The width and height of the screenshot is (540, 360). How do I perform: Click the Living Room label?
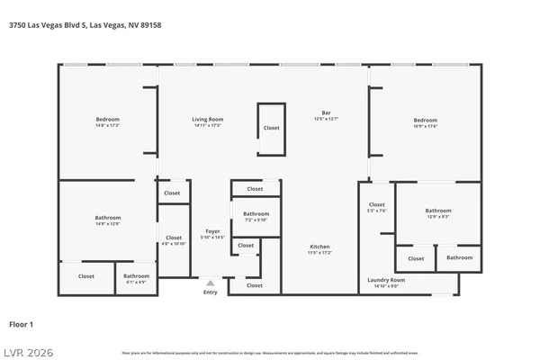[x=207, y=120]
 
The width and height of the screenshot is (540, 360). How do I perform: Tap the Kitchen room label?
[x=319, y=247]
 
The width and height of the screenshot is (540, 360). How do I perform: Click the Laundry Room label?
[x=387, y=280]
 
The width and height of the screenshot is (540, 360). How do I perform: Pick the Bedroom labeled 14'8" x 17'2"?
[x=108, y=120]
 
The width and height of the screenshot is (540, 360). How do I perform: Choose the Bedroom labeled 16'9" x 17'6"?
[x=425, y=120]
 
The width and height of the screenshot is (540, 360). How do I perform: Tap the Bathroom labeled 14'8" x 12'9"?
[x=108, y=218]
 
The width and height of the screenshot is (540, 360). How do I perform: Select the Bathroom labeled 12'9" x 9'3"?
[x=437, y=211]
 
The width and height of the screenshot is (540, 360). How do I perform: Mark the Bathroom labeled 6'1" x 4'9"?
[x=136, y=276]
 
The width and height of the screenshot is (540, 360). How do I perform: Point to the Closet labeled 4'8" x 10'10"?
[x=173, y=238]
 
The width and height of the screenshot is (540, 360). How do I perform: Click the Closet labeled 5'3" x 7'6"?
[x=377, y=205]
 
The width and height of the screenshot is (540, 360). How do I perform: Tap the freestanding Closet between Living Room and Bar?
[x=272, y=128]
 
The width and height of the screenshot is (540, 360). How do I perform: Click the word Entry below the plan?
[x=211, y=292]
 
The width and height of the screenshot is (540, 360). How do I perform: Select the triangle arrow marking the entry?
[x=211, y=283]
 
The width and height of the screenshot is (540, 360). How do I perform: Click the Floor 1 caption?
[x=21, y=323]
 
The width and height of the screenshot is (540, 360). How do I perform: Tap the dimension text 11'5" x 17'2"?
[x=319, y=253]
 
